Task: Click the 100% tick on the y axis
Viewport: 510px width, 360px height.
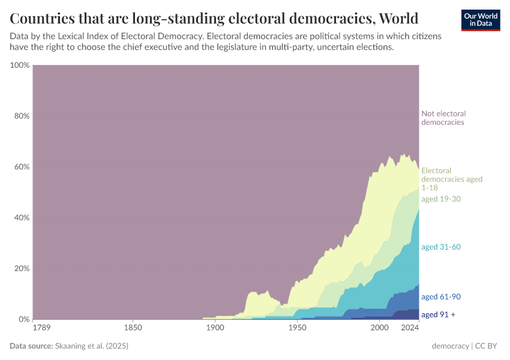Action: (x=20, y=65)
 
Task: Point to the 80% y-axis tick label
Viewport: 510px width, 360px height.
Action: (x=21, y=116)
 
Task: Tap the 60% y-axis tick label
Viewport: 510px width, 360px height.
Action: (x=21, y=167)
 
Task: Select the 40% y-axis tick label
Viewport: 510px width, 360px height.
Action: (x=21, y=217)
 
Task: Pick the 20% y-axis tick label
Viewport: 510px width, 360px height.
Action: (x=21, y=268)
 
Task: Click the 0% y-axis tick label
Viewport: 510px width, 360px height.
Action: (x=23, y=319)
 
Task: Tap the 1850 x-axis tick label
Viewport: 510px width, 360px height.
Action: (x=133, y=328)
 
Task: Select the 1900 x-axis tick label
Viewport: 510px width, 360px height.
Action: (x=215, y=328)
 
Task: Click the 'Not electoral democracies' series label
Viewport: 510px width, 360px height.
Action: (x=443, y=118)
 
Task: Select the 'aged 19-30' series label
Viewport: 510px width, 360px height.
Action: (x=441, y=199)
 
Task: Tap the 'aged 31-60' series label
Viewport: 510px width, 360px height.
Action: (x=441, y=247)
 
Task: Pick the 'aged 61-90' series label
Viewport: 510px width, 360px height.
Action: (x=441, y=296)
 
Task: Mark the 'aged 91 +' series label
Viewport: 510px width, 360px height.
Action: (x=438, y=314)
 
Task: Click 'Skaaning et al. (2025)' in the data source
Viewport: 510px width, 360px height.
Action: (x=91, y=346)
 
